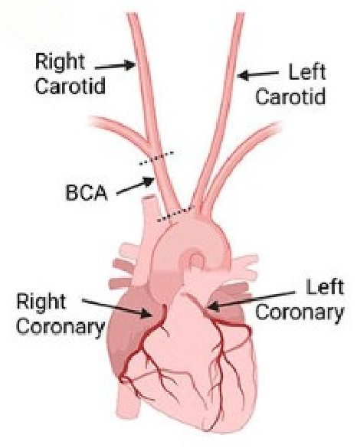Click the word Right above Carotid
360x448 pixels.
click(61, 62)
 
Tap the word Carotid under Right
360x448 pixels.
click(70, 86)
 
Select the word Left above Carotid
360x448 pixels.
click(307, 72)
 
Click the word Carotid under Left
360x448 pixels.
click(290, 96)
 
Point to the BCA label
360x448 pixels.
click(87, 192)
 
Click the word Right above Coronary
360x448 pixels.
click(41, 302)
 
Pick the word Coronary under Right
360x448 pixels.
click(61, 326)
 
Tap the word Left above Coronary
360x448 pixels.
click(325, 287)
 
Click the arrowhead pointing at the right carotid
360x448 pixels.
click(130, 65)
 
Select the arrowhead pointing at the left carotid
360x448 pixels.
click(244, 75)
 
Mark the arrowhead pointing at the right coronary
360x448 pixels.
click(146, 313)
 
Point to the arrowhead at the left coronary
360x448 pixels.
click(214, 306)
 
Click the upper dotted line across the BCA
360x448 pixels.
click(156, 159)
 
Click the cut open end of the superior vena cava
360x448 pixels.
click(149, 197)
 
